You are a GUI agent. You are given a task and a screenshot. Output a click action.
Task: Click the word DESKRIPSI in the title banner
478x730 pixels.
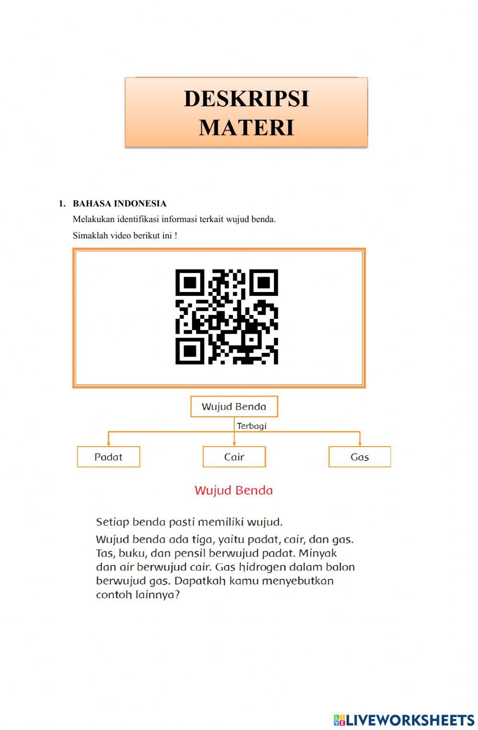(x=246, y=99)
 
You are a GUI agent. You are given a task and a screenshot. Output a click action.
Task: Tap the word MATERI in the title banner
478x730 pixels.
(x=246, y=127)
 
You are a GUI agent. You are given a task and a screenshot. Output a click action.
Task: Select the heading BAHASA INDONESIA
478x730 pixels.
(x=119, y=203)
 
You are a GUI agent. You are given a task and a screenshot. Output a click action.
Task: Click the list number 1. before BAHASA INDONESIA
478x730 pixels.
(x=62, y=203)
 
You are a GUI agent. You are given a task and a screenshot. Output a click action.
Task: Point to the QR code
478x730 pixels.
(x=227, y=316)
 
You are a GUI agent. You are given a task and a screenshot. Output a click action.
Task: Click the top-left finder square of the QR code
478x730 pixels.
(x=190, y=283)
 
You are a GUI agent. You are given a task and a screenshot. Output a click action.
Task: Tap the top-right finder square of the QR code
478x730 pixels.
(x=264, y=283)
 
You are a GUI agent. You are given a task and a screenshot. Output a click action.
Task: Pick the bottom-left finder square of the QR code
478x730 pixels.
(x=190, y=350)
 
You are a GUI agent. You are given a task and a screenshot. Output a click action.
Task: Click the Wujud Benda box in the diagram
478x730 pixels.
(x=234, y=406)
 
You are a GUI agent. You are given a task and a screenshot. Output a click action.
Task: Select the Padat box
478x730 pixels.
(x=109, y=457)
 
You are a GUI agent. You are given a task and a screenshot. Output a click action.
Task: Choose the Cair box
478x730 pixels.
(x=234, y=457)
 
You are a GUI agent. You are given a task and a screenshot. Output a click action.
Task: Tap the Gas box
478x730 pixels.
(x=359, y=457)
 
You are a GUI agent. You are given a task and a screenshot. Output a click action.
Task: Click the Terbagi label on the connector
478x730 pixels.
(x=252, y=426)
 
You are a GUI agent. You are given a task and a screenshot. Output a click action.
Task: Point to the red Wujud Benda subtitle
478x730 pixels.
(x=234, y=490)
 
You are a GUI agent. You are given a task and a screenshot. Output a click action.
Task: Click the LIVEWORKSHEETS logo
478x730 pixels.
(x=404, y=720)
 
